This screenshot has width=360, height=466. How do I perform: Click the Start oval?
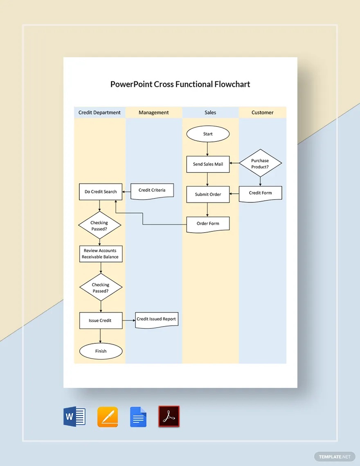point(208,134)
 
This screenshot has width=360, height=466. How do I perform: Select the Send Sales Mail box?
point(208,164)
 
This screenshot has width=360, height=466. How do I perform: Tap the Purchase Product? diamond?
point(260,164)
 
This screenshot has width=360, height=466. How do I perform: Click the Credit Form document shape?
point(260,193)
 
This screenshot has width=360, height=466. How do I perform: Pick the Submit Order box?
point(208,194)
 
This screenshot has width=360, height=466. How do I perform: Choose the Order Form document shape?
point(208,224)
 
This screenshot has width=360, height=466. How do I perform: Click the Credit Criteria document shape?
point(152,190)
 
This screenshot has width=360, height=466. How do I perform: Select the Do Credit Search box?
point(101,192)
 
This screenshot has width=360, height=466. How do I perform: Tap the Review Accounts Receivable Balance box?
point(100,254)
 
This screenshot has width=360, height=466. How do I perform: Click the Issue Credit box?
point(101,320)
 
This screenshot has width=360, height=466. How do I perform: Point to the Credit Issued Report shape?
point(157,319)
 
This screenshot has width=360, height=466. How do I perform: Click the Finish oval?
point(101,351)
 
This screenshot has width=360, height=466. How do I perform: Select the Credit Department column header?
point(100,112)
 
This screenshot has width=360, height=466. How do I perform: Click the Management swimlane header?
point(154,112)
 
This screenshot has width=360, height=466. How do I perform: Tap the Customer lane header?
point(263,112)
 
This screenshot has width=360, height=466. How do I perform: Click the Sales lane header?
point(210,112)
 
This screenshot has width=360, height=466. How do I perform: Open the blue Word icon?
point(74,417)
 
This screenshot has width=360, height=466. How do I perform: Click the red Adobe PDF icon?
point(169,417)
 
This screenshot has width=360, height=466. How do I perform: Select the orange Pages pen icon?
point(108,417)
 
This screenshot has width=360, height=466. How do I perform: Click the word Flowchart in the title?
point(233,85)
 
